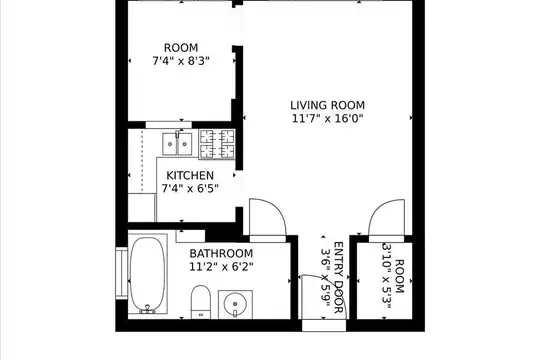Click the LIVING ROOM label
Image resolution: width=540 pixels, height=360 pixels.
(327, 105)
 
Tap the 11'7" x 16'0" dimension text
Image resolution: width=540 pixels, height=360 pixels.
(328, 119)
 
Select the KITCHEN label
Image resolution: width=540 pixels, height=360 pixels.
(190, 176)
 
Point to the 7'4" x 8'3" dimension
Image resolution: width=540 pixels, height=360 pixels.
(181, 61)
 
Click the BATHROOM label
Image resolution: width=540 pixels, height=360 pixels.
(221, 254)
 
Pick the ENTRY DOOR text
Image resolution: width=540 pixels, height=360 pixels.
(339, 278)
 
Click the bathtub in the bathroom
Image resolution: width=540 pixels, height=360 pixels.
(147, 274)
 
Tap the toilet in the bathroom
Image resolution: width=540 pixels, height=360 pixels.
(201, 302)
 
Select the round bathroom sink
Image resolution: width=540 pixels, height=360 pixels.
(235, 305)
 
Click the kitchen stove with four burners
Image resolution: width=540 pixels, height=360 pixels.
(217, 144)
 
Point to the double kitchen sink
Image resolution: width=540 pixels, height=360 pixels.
(177, 144)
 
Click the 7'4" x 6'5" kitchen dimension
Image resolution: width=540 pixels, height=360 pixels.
(190, 189)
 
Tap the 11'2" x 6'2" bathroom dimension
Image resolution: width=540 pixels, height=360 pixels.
(221, 267)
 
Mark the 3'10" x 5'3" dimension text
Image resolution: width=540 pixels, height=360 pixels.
(386, 276)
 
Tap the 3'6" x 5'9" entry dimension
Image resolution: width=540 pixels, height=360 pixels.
(325, 278)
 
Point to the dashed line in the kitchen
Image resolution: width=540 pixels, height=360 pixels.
(142, 161)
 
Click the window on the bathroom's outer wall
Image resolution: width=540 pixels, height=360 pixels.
(121, 274)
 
